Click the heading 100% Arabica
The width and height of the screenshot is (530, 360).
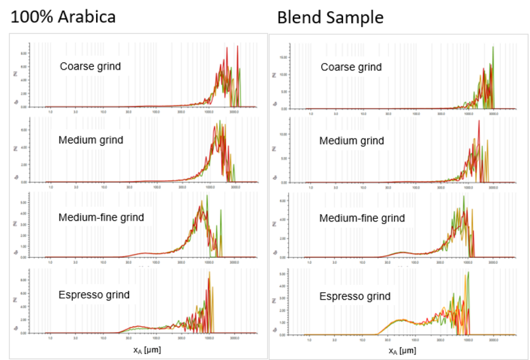coord(62,17)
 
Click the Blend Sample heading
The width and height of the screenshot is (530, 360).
coord(330,17)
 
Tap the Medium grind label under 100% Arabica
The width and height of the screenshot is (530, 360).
coord(91,140)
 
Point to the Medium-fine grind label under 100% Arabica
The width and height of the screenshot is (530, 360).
coord(101,217)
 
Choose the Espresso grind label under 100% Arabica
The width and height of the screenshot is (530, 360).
coord(94,294)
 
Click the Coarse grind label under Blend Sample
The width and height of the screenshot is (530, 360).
coord(351,67)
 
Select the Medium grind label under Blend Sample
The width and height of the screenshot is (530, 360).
coord(351,141)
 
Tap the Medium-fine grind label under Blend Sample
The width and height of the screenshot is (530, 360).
coord(362,218)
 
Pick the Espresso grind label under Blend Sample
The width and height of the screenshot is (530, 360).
coord(355,296)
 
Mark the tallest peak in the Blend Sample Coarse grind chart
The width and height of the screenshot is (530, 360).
coord(493,46)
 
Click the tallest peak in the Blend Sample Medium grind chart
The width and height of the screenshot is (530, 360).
coord(478,121)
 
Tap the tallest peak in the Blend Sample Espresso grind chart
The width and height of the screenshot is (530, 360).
coord(468,272)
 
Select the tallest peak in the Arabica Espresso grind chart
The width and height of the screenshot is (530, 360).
coord(209,272)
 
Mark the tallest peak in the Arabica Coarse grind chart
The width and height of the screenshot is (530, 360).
coord(227,47)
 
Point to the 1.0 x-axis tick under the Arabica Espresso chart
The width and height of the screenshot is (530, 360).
coord(50,337)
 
